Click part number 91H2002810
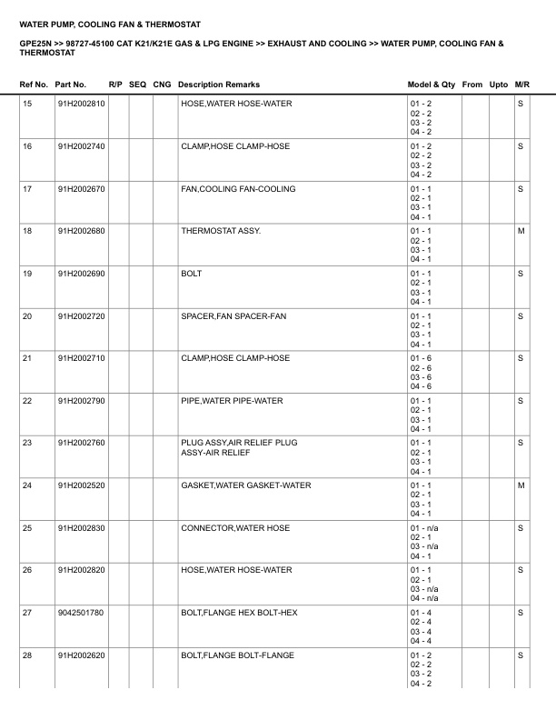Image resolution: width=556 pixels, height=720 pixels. (x=81, y=104)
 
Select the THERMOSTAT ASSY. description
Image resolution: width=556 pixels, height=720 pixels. (x=221, y=231)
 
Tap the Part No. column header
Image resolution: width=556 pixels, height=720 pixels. (x=71, y=85)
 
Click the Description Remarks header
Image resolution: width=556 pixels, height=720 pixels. (x=219, y=85)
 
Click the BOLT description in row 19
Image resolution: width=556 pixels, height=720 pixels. (x=192, y=274)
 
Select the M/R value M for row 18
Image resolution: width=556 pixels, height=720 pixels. (x=521, y=231)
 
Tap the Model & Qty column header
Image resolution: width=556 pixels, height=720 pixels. (x=432, y=85)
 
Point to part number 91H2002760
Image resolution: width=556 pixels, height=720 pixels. (x=81, y=443)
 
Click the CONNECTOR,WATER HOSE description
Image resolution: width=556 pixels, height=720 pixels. (x=235, y=528)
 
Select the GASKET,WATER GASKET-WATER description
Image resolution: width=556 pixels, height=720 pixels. (x=245, y=485)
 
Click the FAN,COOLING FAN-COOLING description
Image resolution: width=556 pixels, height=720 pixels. (x=238, y=189)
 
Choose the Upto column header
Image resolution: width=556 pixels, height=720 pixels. (x=499, y=85)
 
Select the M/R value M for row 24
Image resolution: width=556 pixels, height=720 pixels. (x=521, y=485)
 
